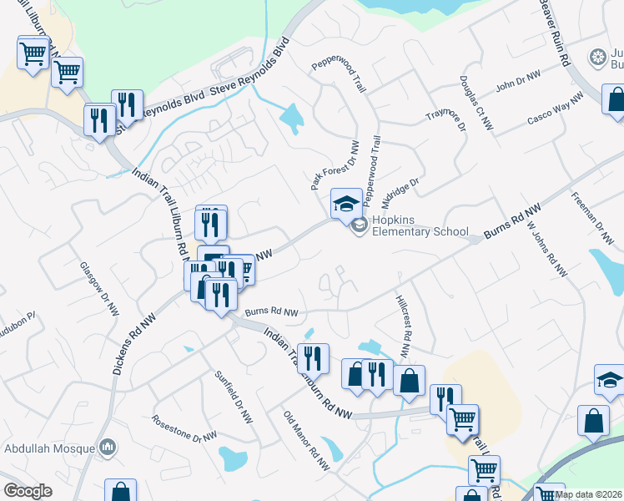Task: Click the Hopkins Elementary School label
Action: pyautogui.click(x=420, y=225)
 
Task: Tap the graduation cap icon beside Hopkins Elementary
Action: pyautogui.click(x=346, y=202)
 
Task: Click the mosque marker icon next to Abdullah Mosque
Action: pyautogui.click(x=107, y=448)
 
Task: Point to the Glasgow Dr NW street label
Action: pyautogui.click(x=99, y=288)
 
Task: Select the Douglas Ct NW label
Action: pyautogui.click(x=475, y=105)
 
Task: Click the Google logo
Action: pyautogui.click(x=28, y=490)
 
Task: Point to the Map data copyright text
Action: pyautogui.click(x=588, y=494)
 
